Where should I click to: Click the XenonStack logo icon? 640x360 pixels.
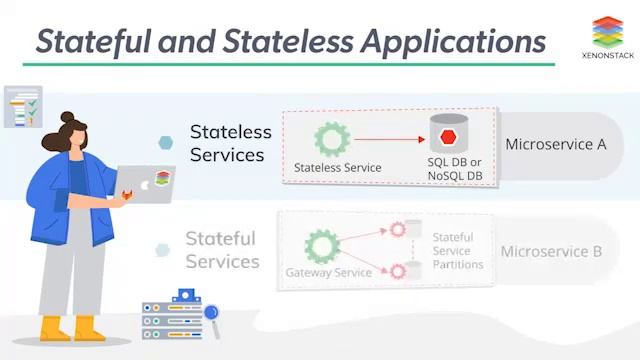pos(607,32)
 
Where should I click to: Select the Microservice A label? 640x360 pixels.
pos(556,144)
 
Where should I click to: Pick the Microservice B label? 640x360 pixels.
pos(552,251)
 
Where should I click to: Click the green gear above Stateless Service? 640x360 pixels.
pos(330,139)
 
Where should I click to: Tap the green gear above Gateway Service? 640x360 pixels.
pos(321,246)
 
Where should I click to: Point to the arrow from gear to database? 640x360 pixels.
pos(389,139)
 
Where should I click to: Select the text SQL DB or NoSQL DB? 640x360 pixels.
pos(455,169)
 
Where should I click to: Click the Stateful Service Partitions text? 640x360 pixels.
pos(458,251)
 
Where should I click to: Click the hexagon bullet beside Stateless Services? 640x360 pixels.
pos(166,144)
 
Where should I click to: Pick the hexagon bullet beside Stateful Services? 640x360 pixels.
pos(162,250)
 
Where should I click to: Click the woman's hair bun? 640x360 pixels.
pos(68,117)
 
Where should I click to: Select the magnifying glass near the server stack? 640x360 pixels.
pos(212,314)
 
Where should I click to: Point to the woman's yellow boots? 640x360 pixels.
pos(70,328)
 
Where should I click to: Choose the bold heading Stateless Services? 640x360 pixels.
pos(230,143)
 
